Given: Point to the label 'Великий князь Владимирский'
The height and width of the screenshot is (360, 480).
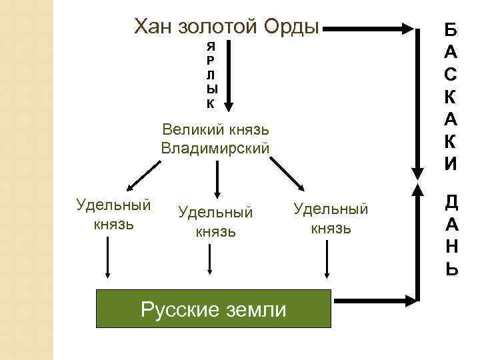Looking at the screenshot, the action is pos(215,138).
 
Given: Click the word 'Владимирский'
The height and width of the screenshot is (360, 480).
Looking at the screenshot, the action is pos(215,148).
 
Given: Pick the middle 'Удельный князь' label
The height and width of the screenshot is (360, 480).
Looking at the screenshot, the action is pos(215,221).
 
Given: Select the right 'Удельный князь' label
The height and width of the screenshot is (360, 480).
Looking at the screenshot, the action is pos(331,218).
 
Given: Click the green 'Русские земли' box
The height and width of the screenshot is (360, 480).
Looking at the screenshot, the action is pos(214,309).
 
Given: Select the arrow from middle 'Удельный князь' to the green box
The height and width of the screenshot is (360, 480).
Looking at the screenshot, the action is pos(210,259).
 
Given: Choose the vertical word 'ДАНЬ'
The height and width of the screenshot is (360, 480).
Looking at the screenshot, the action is pos(451,235).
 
